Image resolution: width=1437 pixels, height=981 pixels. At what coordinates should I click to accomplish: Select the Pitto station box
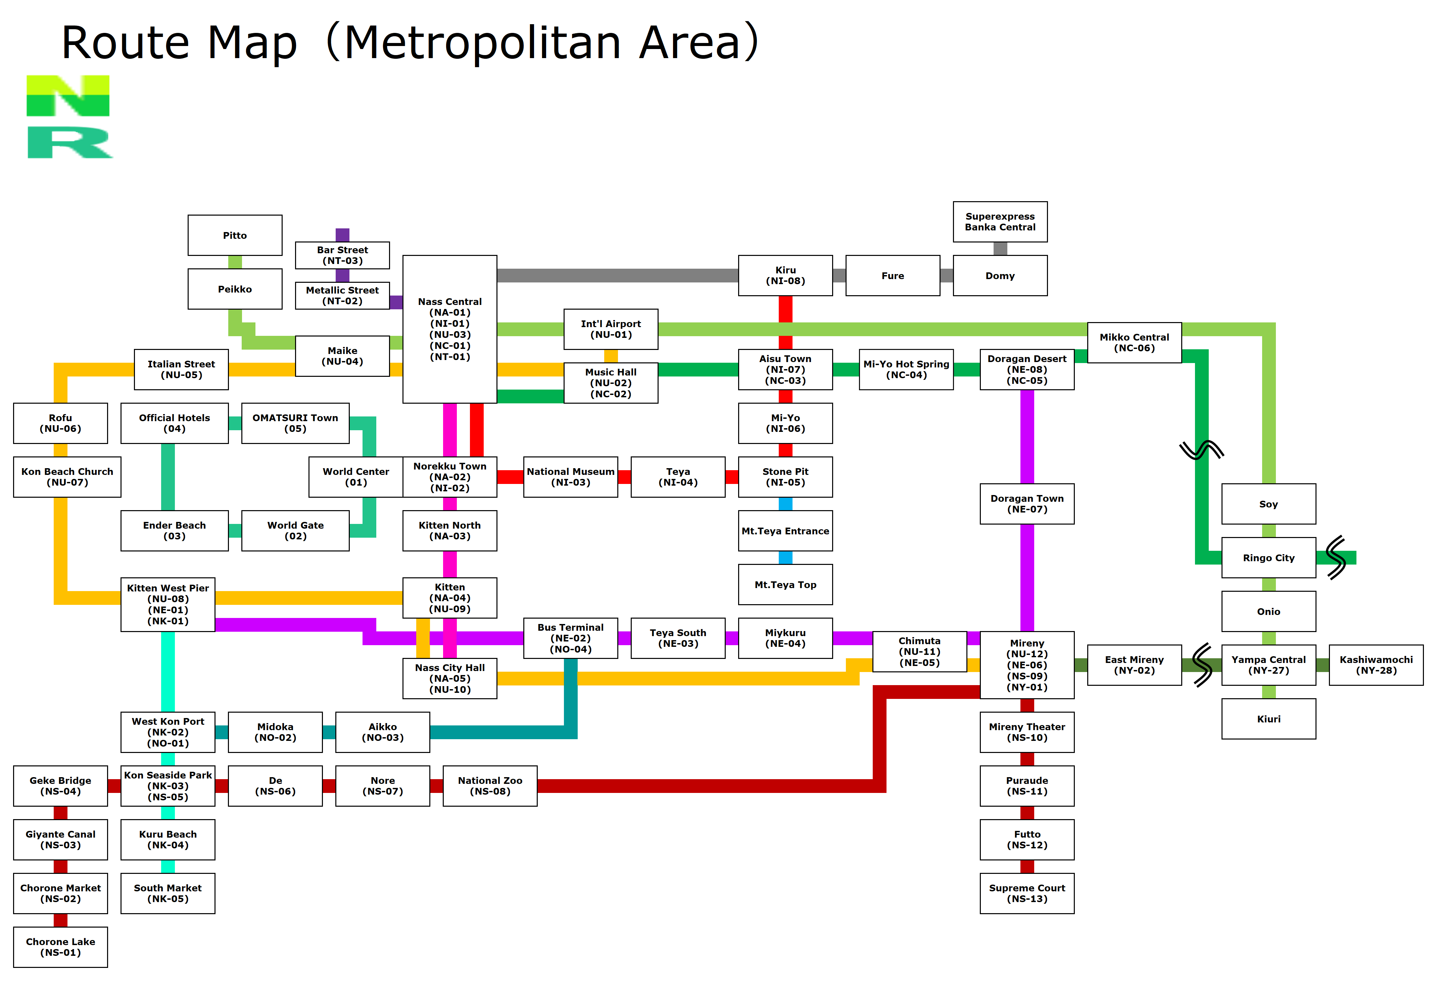point(235,235)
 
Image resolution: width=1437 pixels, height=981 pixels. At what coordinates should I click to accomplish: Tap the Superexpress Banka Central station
point(1000,221)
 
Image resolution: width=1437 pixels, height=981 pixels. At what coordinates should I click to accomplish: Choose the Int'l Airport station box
point(611,329)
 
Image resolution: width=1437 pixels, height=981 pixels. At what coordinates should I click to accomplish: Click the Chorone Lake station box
point(61,947)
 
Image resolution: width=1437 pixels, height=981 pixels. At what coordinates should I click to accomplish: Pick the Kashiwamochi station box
point(1376,665)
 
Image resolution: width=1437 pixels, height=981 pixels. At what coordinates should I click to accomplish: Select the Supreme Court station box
point(1027,893)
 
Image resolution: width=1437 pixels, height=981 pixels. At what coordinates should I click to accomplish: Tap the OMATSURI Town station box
point(296,423)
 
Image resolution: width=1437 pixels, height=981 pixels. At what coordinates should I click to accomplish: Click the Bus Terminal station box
point(571,638)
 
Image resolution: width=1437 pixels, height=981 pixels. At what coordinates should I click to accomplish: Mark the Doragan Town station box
point(1027,503)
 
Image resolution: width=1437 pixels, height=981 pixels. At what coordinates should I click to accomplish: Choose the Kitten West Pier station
point(168,604)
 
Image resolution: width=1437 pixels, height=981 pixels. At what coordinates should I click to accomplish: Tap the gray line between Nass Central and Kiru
point(618,275)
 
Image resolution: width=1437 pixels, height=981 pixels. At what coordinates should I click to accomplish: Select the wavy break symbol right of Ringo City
point(1336,557)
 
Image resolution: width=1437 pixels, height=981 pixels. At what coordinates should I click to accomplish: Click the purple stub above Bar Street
point(343,235)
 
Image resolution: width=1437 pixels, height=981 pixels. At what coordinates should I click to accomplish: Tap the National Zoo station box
point(490,786)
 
